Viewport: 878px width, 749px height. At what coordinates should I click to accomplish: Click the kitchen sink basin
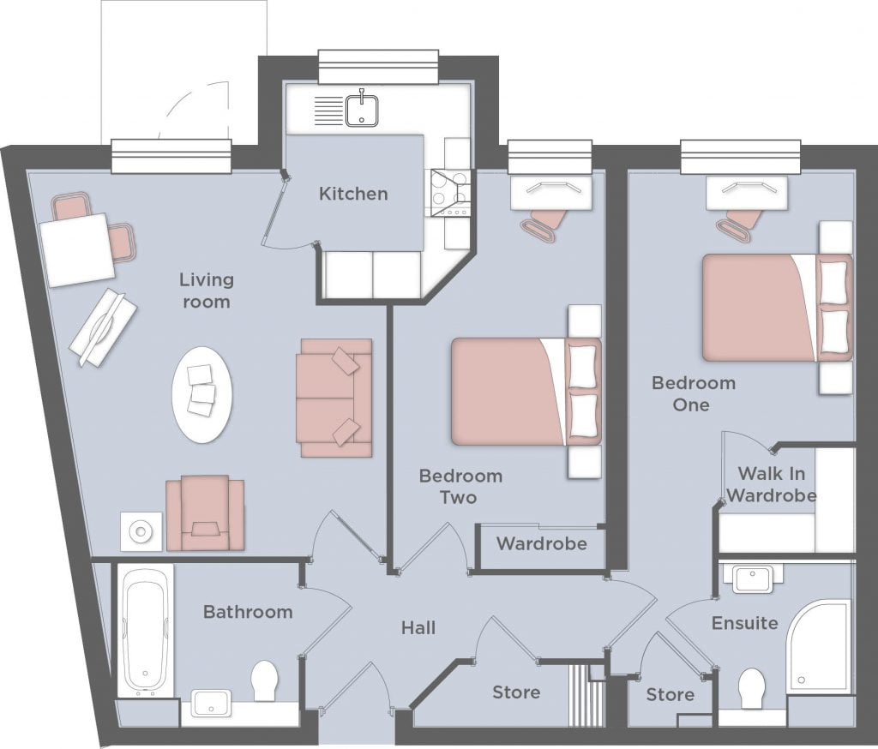pyautogui.click(x=361, y=111)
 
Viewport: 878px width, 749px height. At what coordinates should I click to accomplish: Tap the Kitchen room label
pyautogui.click(x=353, y=194)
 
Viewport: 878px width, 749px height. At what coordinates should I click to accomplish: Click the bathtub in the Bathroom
pyautogui.click(x=145, y=632)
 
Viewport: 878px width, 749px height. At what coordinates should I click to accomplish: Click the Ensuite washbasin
pyautogui.click(x=752, y=579)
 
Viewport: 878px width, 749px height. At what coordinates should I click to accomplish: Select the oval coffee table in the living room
pyautogui.click(x=201, y=395)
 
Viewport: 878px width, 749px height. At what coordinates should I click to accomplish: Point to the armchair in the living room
pyautogui.click(x=205, y=512)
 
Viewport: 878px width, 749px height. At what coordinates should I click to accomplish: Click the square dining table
pyautogui.click(x=77, y=249)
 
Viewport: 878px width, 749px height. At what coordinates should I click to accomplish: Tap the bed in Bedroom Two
pyautogui.click(x=526, y=392)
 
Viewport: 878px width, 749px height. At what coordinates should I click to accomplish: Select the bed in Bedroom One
pyautogui.click(x=778, y=308)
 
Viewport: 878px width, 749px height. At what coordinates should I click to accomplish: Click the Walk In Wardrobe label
pyautogui.click(x=771, y=484)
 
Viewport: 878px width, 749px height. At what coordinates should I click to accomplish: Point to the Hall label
pyautogui.click(x=418, y=627)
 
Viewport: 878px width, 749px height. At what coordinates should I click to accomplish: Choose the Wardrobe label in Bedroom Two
pyautogui.click(x=542, y=543)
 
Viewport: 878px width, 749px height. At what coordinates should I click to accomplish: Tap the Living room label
pyautogui.click(x=207, y=291)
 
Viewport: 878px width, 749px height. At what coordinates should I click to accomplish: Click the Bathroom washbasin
pyautogui.click(x=211, y=703)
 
